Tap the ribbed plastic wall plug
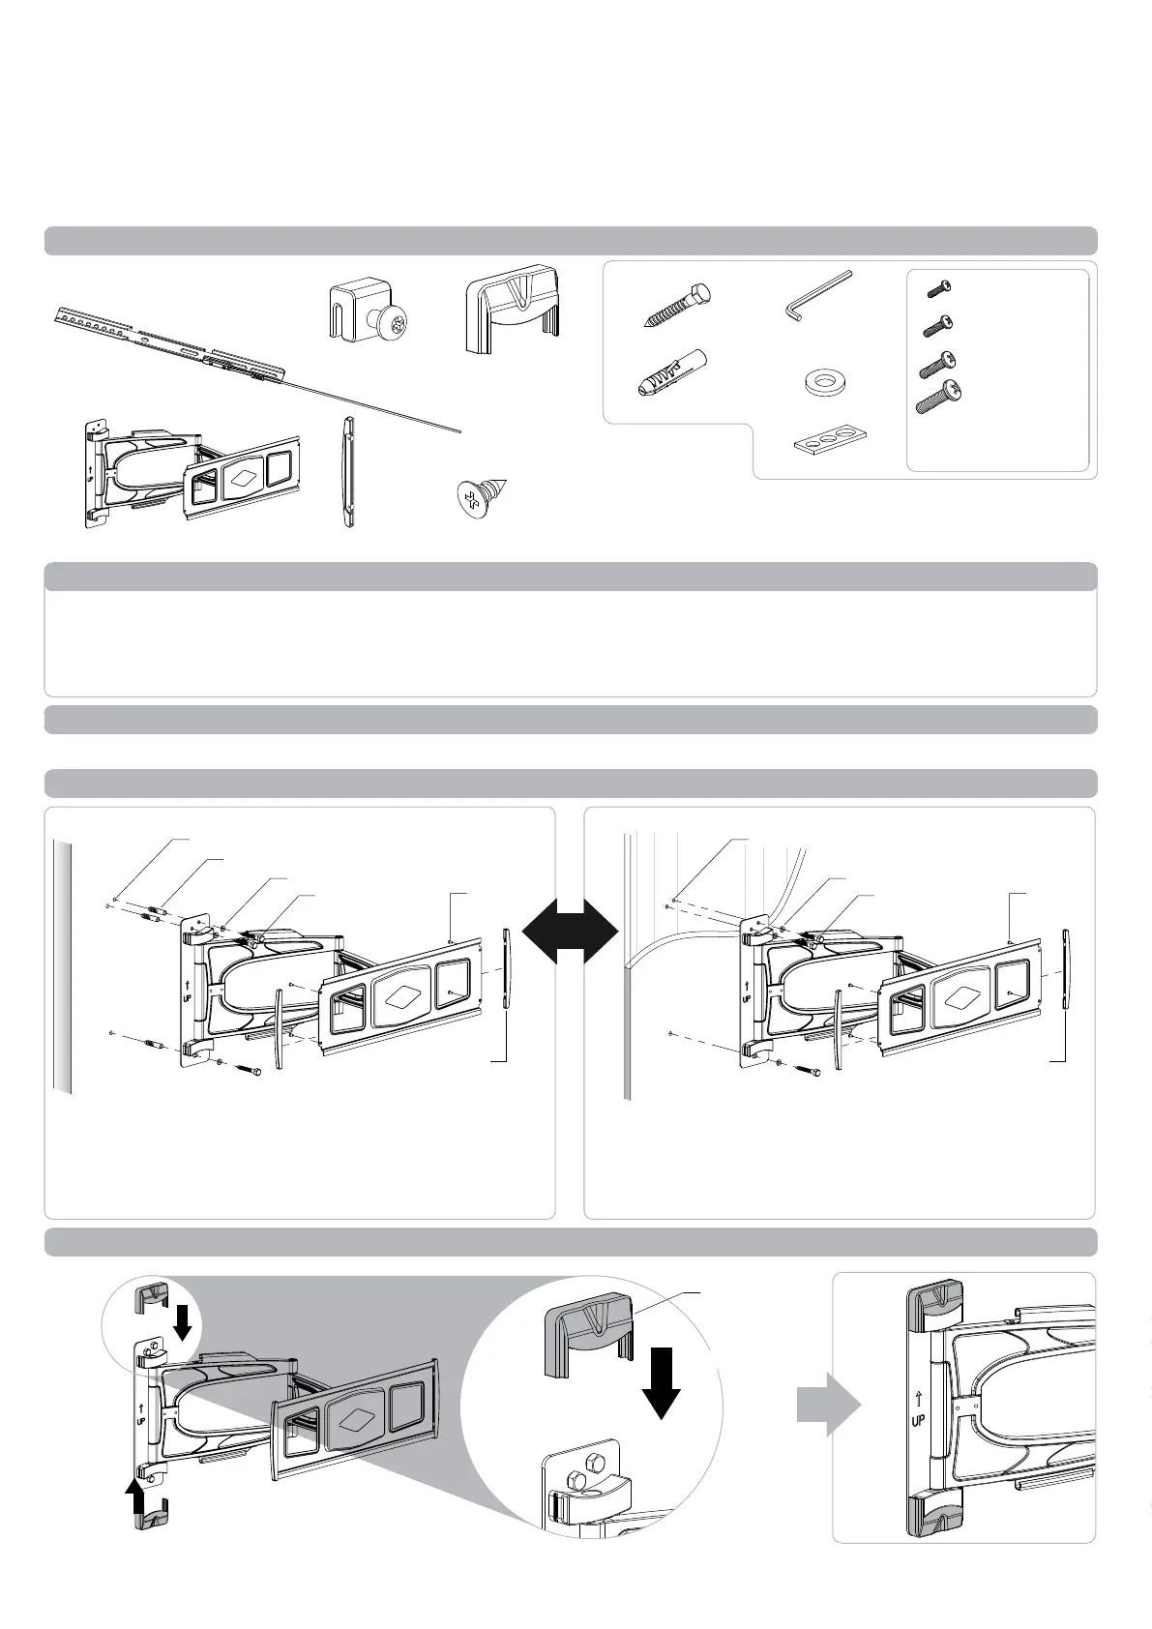(673, 372)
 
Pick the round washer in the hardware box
(820, 383)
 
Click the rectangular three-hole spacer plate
(829, 440)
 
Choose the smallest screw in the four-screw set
(939, 287)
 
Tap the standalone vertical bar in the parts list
(346, 470)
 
